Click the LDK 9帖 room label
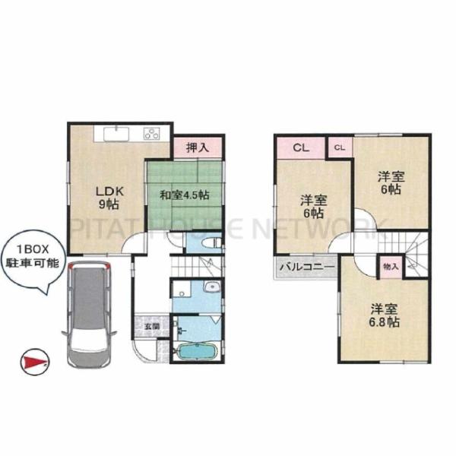[x=109, y=198]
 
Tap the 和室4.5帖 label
[x=185, y=195]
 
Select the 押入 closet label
[x=198, y=147]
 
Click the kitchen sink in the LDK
[x=116, y=134]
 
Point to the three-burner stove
[x=152, y=134]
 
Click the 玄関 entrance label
[x=153, y=326]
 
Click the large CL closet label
[x=301, y=147]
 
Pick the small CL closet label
[x=340, y=147]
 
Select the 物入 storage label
[x=391, y=267]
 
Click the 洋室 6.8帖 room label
[x=384, y=315]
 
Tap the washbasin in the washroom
[x=213, y=287]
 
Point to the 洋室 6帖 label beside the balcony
[x=313, y=207]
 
